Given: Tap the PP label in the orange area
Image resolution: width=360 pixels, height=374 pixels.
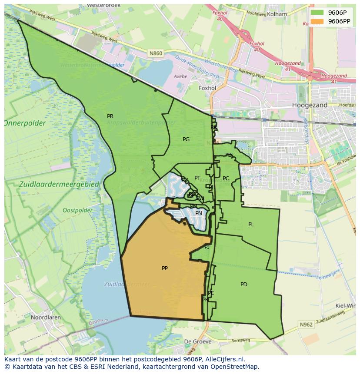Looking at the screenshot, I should tap(165, 268).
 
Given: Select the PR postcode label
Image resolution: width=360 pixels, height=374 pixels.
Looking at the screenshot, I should tap(110, 116).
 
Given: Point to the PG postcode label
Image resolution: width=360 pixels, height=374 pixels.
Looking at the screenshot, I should tap(186, 139).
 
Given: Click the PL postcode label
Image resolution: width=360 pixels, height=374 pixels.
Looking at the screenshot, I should tap(251, 225).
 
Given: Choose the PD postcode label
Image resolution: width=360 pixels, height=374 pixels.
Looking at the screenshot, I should tap(243, 285).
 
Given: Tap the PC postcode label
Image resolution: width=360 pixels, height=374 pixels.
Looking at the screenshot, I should tap(226, 179).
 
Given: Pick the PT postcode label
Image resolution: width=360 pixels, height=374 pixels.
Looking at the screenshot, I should tap(197, 178).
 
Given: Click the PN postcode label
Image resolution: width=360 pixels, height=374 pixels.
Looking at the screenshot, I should tap(199, 213).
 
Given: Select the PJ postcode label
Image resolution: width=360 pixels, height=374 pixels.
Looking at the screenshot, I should tap(207, 247).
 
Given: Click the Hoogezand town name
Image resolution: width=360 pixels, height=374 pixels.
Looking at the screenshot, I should tap(310, 105).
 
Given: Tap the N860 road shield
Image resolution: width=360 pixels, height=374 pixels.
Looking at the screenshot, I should tap(156, 53).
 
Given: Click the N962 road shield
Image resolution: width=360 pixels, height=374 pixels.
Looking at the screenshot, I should tap(306, 324).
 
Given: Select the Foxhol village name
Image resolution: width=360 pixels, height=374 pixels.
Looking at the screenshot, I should tap(207, 88).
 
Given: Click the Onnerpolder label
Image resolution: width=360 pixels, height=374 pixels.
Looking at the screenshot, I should tap(25, 123).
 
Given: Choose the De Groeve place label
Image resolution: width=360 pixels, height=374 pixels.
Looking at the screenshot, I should tap(198, 341).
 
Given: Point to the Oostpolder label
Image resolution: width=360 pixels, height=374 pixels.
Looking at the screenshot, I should tap(77, 210).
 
